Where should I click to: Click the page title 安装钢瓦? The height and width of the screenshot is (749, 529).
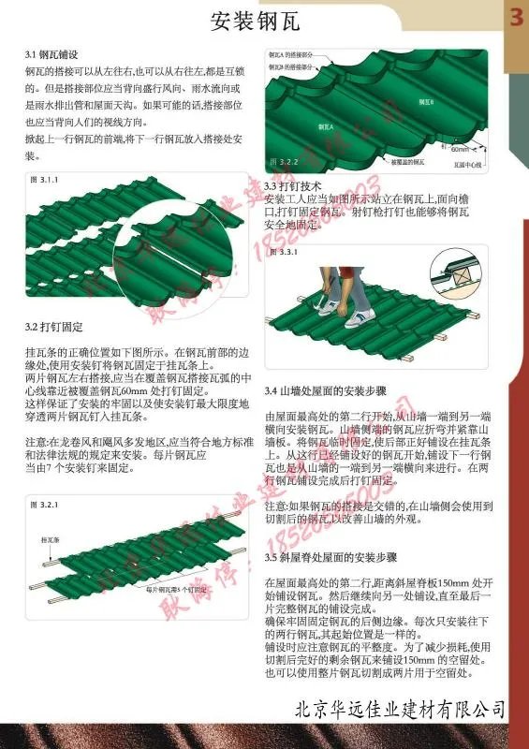(x=246, y=20)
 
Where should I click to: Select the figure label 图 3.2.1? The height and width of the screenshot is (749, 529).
(x=44, y=505)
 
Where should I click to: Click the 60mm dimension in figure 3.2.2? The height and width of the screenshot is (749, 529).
(x=460, y=149)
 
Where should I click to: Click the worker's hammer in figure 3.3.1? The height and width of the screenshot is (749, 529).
(x=319, y=303)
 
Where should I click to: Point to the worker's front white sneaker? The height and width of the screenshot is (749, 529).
(x=354, y=320)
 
